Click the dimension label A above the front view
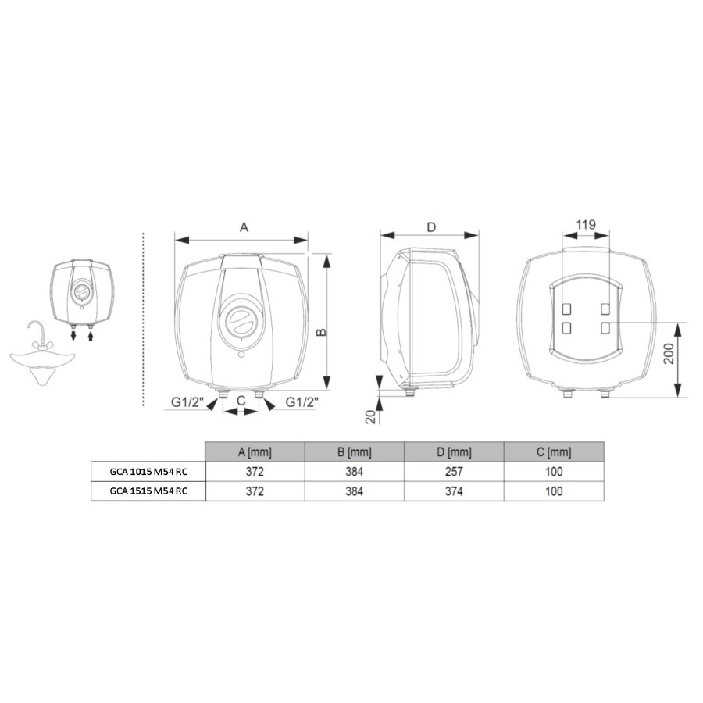[244, 227]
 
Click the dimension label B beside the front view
[322, 332]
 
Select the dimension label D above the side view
[431, 227]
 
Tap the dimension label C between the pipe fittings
[241, 401]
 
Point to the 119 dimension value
[586, 225]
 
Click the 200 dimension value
[669, 353]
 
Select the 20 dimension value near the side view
[371, 417]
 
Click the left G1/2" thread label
[187, 402]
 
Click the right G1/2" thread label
[302, 402]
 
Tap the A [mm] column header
[255, 452]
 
